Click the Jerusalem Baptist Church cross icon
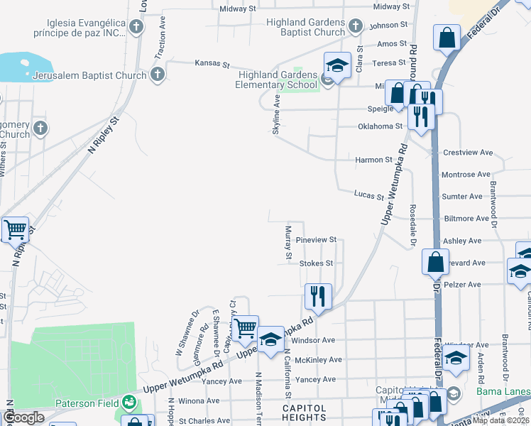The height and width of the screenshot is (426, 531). point(157,75)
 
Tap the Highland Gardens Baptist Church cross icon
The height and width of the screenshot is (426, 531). point(355,27)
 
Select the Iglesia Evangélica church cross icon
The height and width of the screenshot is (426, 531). point(136,27)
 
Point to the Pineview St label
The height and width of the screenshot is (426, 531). point(316,241)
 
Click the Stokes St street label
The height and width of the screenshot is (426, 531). point(316,263)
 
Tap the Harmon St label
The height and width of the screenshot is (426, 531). point(373,160)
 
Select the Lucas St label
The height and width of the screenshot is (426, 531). point(369,195)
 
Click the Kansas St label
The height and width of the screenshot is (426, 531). point(212,65)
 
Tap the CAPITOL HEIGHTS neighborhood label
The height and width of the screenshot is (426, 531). point(305,414)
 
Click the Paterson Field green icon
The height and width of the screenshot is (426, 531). point(128,403)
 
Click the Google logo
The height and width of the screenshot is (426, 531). point(23,417)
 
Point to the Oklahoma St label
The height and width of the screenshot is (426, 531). point(379,126)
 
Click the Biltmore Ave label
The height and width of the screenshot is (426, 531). point(467,219)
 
